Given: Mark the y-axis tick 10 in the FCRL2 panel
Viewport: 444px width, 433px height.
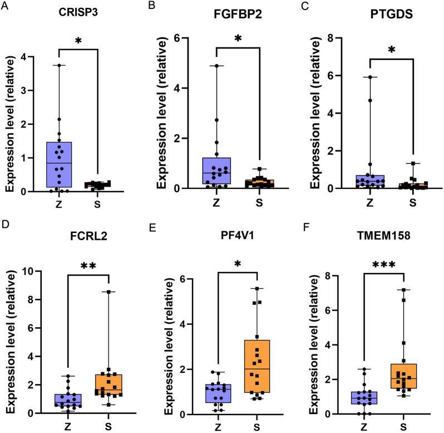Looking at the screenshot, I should click(x=29, y=271).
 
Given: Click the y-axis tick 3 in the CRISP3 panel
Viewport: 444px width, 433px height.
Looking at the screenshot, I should click(x=24, y=90).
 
